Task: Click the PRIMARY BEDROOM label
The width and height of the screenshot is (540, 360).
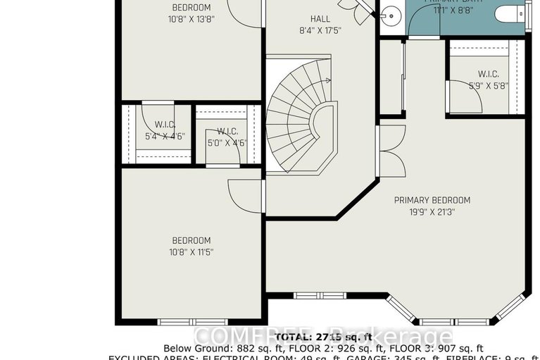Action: click(432, 200)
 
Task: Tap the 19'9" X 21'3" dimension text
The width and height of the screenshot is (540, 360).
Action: click(432, 211)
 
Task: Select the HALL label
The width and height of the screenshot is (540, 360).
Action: click(320, 18)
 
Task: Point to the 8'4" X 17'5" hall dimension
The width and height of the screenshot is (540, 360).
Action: click(320, 30)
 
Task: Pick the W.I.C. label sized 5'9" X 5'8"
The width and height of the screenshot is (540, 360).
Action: click(488, 74)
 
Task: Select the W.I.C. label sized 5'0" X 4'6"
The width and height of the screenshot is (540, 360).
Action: click(227, 131)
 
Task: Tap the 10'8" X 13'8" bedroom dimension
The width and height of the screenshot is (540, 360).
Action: click(191, 19)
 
